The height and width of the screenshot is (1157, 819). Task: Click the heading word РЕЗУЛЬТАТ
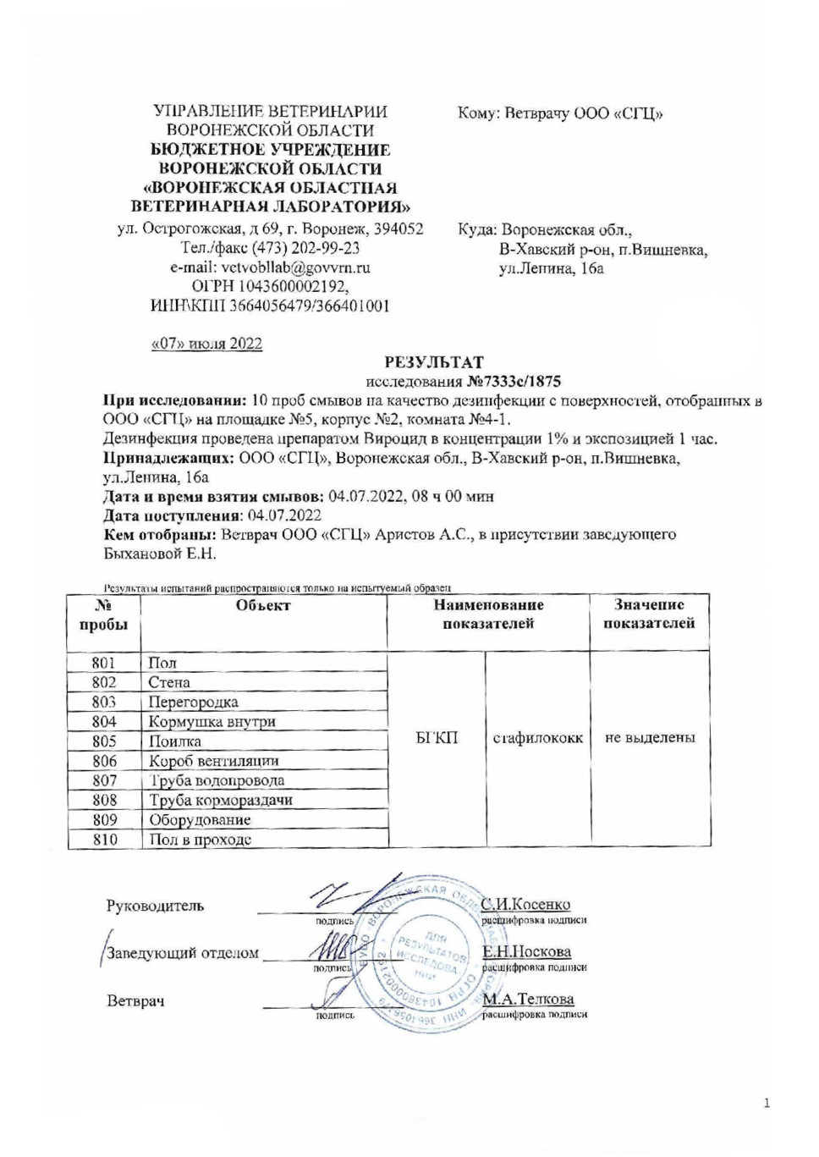coord(434,362)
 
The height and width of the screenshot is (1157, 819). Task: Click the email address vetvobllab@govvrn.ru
coord(270,267)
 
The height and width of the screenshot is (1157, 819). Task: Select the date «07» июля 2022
coord(206,344)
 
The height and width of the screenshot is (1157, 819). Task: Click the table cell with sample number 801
coord(103,663)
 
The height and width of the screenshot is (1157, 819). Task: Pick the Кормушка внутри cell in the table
coord(212,722)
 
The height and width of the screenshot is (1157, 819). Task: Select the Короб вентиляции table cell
coord(214,761)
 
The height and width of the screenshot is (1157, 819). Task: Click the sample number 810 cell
coord(105,840)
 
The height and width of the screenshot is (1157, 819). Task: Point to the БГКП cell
coord(437,738)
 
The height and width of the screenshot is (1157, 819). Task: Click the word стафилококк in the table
coord(538,738)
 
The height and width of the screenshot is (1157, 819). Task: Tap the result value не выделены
coord(650,738)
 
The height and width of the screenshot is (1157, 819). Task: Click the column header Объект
coord(263,605)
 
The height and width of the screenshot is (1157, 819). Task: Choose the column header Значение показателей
coord(649,614)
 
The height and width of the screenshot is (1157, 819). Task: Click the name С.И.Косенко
coord(526,904)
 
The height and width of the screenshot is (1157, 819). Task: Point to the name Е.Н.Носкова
coord(527,951)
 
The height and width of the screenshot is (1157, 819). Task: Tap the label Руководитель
coord(155,906)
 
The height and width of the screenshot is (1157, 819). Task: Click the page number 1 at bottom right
coord(767,1103)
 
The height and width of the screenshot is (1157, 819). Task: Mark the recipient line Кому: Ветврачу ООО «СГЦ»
coord(560,113)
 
